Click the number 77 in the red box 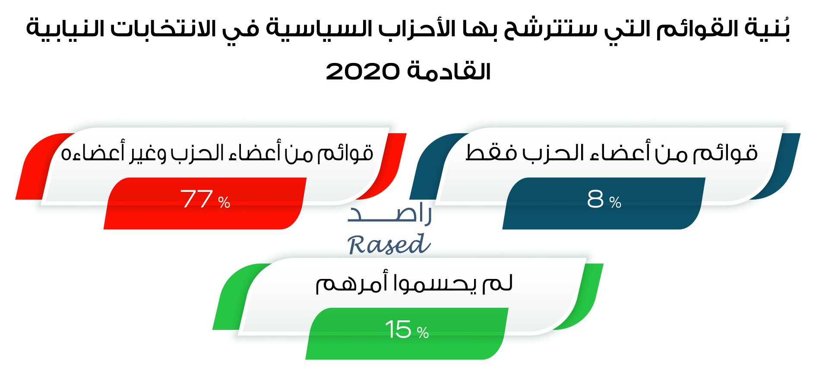[x=196, y=199]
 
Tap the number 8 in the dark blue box [x=595, y=199]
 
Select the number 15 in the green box [x=398, y=329]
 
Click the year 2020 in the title [x=363, y=71]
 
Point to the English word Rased [x=389, y=244]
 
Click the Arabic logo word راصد [x=389, y=213]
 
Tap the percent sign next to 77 [x=224, y=202]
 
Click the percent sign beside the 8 [x=615, y=202]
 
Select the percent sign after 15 [x=423, y=332]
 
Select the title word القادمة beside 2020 [x=449, y=70]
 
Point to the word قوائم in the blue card [x=725, y=153]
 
